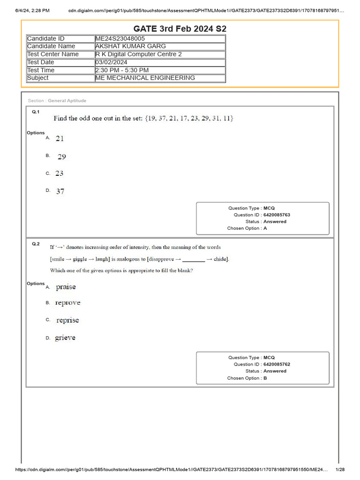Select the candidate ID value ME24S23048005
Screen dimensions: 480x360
(120, 38)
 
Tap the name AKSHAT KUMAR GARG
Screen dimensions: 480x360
(130, 46)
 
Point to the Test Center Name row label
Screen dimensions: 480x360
(53, 54)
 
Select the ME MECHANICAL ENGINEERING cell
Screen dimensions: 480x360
(145, 78)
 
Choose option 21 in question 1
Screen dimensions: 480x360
(60, 138)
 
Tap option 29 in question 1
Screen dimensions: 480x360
(61, 157)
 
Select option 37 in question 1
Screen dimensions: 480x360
(60, 191)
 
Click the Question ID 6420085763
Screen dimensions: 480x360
(277, 215)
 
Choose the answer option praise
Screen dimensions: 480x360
(66, 286)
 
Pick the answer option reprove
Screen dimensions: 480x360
(67, 303)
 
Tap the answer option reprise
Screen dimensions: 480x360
(67, 320)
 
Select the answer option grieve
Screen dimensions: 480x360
(65, 337)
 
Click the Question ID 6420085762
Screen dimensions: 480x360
(277, 364)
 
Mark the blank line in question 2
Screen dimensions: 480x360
(194, 259)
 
